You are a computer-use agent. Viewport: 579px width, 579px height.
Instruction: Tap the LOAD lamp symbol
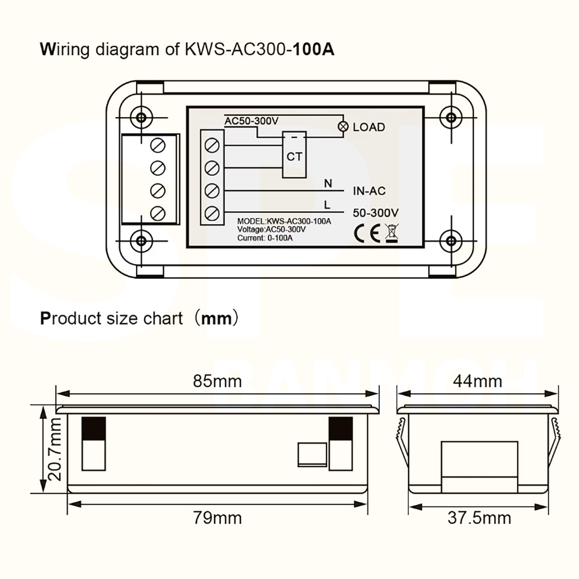tap(343, 127)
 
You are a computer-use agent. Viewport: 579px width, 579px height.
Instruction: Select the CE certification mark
tap(367, 233)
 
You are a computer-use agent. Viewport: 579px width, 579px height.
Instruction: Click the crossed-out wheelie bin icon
tap(392, 233)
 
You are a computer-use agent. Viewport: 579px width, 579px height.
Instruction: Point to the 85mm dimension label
tap(217, 381)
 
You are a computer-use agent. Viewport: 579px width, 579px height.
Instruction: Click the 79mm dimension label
tap(217, 518)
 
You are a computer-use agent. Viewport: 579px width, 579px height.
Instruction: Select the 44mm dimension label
tap(477, 381)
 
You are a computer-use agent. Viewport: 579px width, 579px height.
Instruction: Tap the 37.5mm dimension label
tap(479, 518)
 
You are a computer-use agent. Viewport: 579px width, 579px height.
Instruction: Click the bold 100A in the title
tap(314, 50)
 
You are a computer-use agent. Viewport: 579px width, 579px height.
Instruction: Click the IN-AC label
tap(369, 191)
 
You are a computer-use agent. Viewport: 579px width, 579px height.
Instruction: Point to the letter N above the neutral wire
tap(328, 183)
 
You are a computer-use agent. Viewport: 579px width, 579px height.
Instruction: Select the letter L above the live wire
tap(327, 205)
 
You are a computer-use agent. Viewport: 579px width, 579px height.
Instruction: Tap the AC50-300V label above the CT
tap(251, 121)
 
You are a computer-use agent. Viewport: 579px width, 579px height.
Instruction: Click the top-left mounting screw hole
tap(141, 117)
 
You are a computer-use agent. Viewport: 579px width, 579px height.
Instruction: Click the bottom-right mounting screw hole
tap(451, 241)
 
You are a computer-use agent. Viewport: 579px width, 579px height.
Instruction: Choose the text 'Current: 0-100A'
tap(265, 238)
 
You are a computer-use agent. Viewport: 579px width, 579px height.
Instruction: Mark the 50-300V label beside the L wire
tap(376, 213)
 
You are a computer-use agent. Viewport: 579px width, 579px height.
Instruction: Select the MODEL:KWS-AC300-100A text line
tap(284, 222)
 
